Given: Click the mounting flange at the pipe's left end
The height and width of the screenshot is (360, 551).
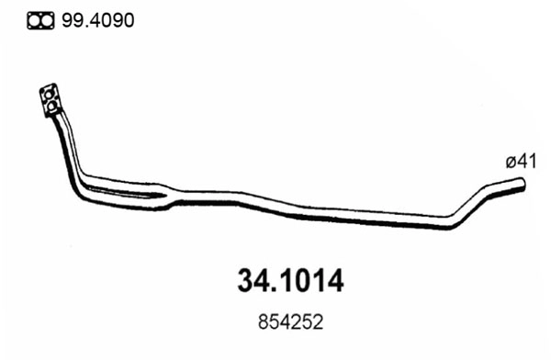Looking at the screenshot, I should [49, 102].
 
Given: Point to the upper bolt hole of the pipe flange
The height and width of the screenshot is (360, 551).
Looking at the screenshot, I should [46, 95].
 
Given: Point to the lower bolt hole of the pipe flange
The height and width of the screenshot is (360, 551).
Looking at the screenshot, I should [51, 110].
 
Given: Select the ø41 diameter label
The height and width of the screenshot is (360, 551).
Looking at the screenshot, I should [519, 162].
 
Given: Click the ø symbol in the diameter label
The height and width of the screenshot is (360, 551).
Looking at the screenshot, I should [509, 163].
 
